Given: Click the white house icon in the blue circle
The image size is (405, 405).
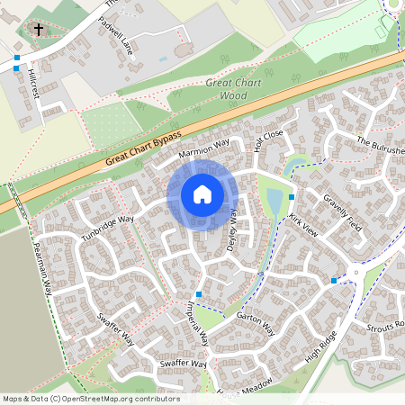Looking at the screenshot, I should [202, 193].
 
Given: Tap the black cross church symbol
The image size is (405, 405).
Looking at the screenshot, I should [39, 30].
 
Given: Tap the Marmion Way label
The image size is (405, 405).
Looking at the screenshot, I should [204, 148].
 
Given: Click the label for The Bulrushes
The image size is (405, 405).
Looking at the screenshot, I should [380, 146].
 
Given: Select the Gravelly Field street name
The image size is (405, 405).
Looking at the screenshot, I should [342, 212].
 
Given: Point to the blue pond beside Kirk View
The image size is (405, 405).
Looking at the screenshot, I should [274, 203].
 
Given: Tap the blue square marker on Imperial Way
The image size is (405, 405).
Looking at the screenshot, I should [199, 294].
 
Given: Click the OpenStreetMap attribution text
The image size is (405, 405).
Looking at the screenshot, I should [90, 399].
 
